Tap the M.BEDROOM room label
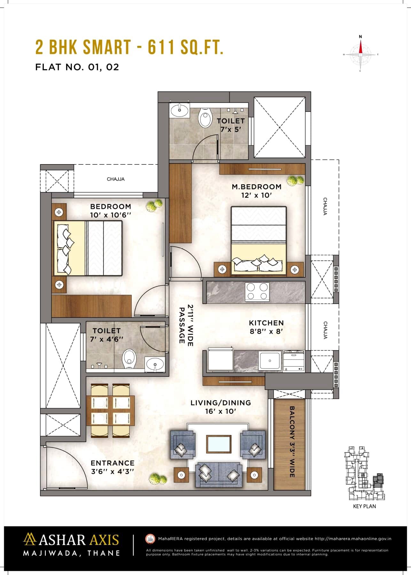256,191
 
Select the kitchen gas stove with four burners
257,291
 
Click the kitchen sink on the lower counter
270,361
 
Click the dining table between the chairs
110,411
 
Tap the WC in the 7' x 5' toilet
205,118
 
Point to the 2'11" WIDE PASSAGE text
186,325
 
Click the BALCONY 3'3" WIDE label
291,442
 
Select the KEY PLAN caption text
364,506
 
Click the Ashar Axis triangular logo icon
30,539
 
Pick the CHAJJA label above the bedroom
116,179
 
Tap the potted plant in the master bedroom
295,181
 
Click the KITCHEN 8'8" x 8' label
266,327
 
